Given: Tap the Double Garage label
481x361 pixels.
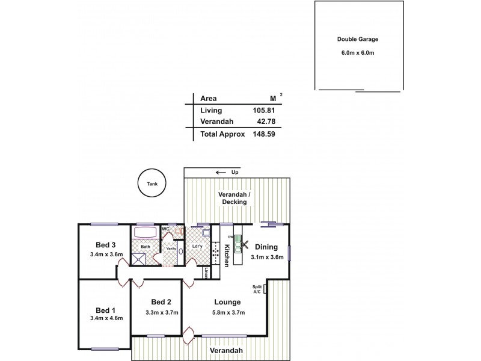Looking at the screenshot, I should point(357,40).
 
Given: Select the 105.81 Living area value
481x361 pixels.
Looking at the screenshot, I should point(263,110).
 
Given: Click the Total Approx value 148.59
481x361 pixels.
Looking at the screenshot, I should point(263,135).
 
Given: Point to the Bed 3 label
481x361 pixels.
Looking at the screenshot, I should point(105,244).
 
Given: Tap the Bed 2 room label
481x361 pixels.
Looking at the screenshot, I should point(162,302).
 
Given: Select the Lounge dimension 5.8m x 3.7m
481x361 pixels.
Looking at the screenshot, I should point(226,313).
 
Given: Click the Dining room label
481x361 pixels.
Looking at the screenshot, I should point(266,247).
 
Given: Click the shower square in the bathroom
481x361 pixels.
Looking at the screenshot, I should point(139,259).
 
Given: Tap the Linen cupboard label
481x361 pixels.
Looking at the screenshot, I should point(206,273).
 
